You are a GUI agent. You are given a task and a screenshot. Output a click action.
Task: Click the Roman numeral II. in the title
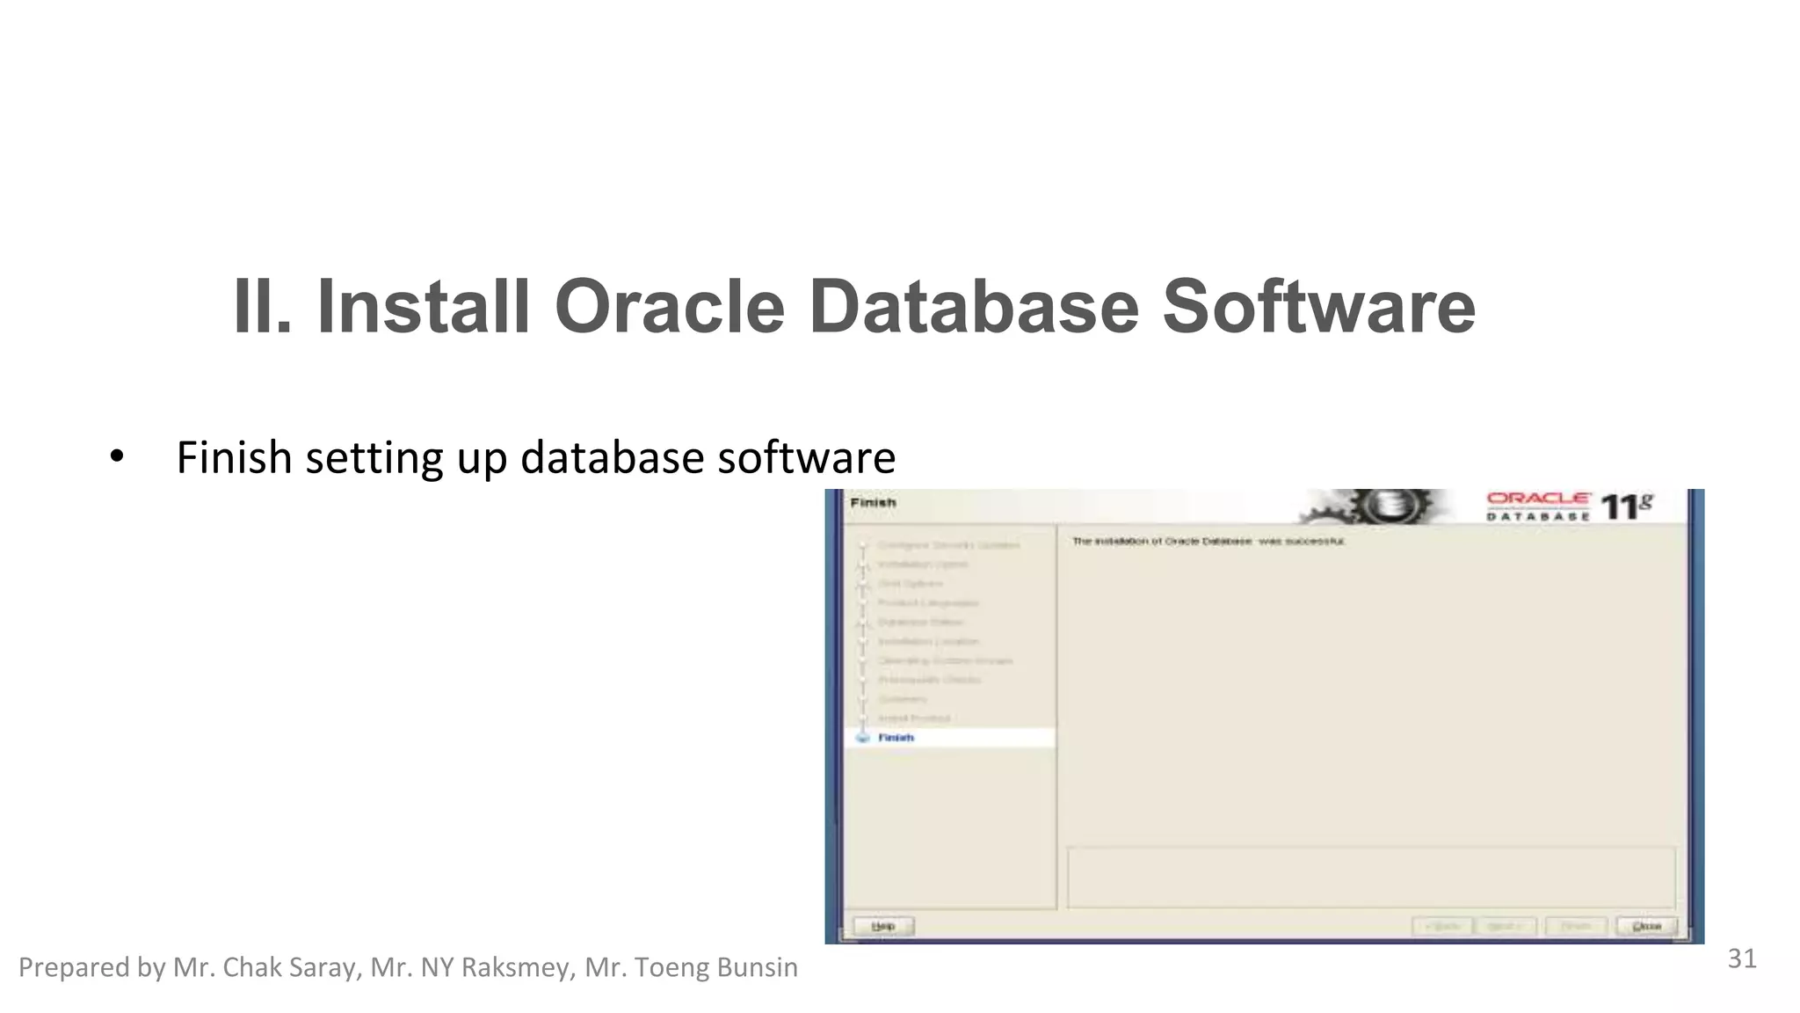click(262, 307)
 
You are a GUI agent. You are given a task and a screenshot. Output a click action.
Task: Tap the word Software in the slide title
click(1318, 307)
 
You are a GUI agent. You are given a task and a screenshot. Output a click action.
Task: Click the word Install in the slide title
click(423, 307)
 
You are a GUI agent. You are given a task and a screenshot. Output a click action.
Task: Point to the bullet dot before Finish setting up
click(117, 457)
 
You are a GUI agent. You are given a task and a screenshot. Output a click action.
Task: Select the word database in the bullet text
click(613, 457)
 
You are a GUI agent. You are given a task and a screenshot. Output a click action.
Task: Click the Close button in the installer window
click(1646, 926)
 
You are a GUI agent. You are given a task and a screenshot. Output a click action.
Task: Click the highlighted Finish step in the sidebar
click(896, 738)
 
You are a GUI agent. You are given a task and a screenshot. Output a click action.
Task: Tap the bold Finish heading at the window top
click(873, 503)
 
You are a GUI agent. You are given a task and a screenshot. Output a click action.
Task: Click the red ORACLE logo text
click(1538, 499)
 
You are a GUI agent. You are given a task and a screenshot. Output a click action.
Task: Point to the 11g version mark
click(1626, 506)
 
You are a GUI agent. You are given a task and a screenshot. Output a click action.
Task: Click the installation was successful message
click(1208, 542)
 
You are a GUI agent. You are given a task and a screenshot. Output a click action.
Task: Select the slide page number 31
click(1741, 958)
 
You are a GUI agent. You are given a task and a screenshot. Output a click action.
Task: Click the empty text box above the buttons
click(1370, 878)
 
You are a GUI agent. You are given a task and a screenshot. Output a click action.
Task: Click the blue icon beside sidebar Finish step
click(862, 738)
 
